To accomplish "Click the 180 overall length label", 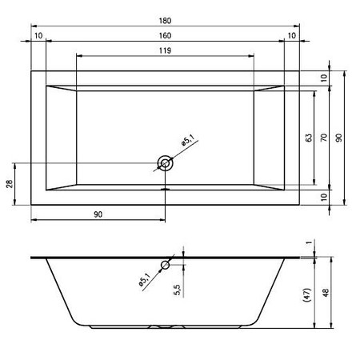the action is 165,21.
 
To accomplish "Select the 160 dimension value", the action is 165,35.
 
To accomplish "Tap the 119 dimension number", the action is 165,50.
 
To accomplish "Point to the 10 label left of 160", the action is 38,35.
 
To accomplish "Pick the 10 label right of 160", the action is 292,35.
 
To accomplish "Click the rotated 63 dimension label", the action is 309,138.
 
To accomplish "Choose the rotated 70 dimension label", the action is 324,138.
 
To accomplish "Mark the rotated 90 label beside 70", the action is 338,138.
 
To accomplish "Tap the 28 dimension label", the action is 10,184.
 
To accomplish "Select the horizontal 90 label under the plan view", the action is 98,214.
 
